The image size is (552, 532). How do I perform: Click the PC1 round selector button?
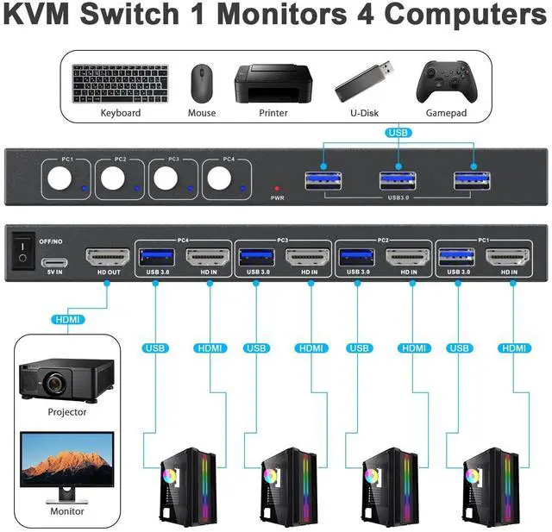point(60,178)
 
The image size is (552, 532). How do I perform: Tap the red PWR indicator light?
point(277,189)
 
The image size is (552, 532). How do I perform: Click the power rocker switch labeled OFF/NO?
point(23,251)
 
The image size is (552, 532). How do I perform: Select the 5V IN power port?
point(54,262)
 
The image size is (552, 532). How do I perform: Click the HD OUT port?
point(108,258)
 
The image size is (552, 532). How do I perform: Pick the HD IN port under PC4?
point(208,258)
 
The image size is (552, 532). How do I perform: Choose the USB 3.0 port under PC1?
point(457,257)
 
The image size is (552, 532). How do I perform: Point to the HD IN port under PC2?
point(408,258)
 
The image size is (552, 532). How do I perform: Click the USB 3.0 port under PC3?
point(257,257)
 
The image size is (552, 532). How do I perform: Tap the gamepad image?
point(447,82)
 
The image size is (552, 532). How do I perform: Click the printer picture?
point(273,84)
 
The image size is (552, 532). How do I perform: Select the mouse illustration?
point(202,83)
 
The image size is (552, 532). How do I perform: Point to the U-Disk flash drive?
point(364,81)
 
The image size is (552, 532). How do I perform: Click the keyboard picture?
point(121,84)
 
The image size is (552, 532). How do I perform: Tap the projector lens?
point(54,383)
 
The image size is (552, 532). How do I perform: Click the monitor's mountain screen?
point(67,459)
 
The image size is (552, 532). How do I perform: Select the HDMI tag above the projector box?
point(68,320)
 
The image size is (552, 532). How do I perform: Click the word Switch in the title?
point(130,14)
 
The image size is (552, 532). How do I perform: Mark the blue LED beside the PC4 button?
point(243,189)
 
